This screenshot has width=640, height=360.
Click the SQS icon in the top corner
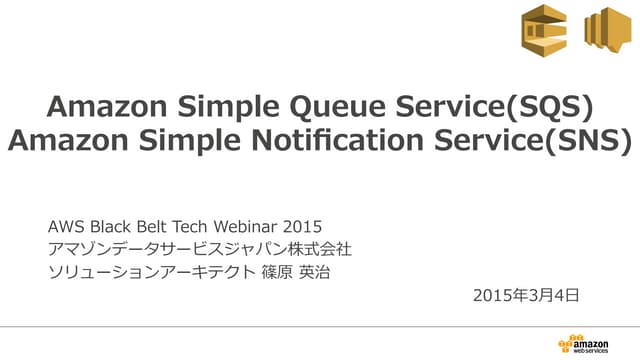click(x=542, y=31)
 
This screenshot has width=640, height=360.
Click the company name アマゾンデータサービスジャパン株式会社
click(x=199, y=248)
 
